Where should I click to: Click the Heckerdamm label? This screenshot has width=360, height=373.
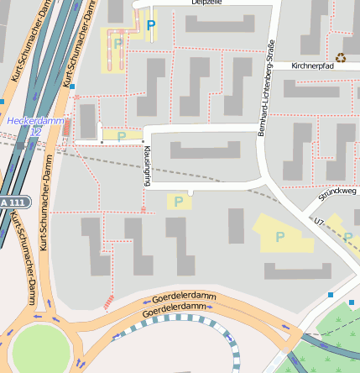point(34,120)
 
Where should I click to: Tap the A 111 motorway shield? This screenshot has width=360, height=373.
point(14,202)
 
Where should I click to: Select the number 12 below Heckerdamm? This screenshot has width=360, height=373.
point(35,132)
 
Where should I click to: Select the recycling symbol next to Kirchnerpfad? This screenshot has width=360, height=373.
point(341,58)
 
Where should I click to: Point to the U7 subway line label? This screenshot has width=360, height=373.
point(319,223)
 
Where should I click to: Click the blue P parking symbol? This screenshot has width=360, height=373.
point(151,25)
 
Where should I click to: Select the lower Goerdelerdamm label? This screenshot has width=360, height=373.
point(175,309)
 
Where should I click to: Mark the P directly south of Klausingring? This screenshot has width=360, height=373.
point(178,201)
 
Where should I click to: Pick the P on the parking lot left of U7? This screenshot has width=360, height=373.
point(279,236)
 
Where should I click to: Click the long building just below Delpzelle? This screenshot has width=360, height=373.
point(219,24)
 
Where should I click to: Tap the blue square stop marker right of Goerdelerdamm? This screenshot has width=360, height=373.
point(331,294)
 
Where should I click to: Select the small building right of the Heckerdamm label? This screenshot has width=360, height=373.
point(87,121)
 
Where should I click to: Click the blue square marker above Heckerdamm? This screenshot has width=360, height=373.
point(73,86)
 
